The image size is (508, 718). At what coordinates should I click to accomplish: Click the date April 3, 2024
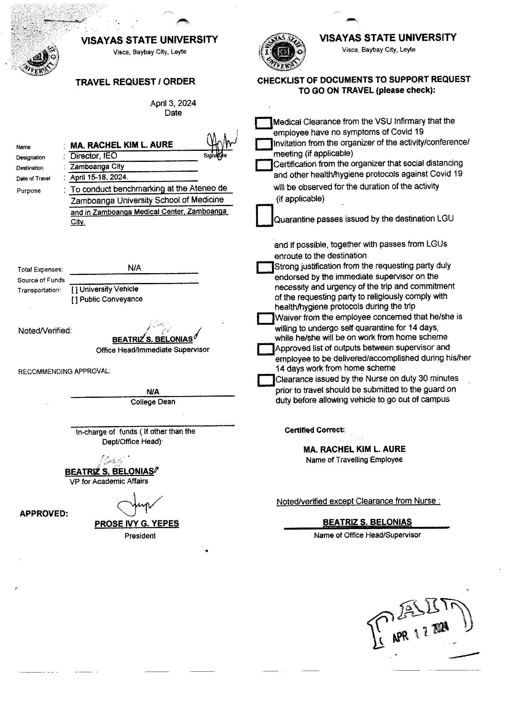point(173,103)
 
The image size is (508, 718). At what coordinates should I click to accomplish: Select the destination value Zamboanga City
point(97,167)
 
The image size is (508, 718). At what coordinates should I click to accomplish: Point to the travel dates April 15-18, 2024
point(99,177)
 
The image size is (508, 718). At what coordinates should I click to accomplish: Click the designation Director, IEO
point(94,156)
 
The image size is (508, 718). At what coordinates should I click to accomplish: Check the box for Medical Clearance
point(264,123)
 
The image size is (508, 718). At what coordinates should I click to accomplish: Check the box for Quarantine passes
point(265,215)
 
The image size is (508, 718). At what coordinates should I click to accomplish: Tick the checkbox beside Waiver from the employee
point(266,318)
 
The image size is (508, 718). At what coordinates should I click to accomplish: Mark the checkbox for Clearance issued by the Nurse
point(266,380)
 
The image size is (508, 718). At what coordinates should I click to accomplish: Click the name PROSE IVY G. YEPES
point(137,524)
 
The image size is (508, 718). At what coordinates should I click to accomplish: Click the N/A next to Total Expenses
point(134,268)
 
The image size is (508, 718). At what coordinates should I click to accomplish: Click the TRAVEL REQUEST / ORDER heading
point(135,82)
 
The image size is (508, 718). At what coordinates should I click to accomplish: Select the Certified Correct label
point(315,430)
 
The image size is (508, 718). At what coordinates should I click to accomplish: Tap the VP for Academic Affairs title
point(109,481)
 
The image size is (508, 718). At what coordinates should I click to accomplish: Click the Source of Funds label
point(41,280)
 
